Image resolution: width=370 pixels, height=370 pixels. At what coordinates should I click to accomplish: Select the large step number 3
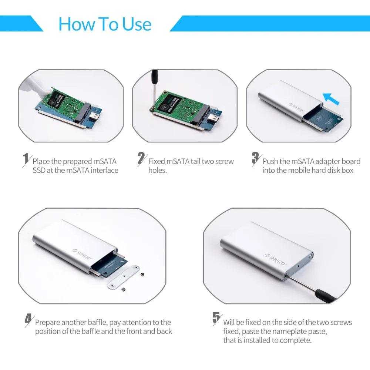click(x=256, y=158)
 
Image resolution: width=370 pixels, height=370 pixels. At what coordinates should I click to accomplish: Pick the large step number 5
click(x=216, y=319)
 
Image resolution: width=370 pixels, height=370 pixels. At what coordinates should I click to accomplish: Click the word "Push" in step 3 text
click(x=271, y=161)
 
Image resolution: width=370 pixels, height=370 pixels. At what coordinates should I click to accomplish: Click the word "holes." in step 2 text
click(x=158, y=171)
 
